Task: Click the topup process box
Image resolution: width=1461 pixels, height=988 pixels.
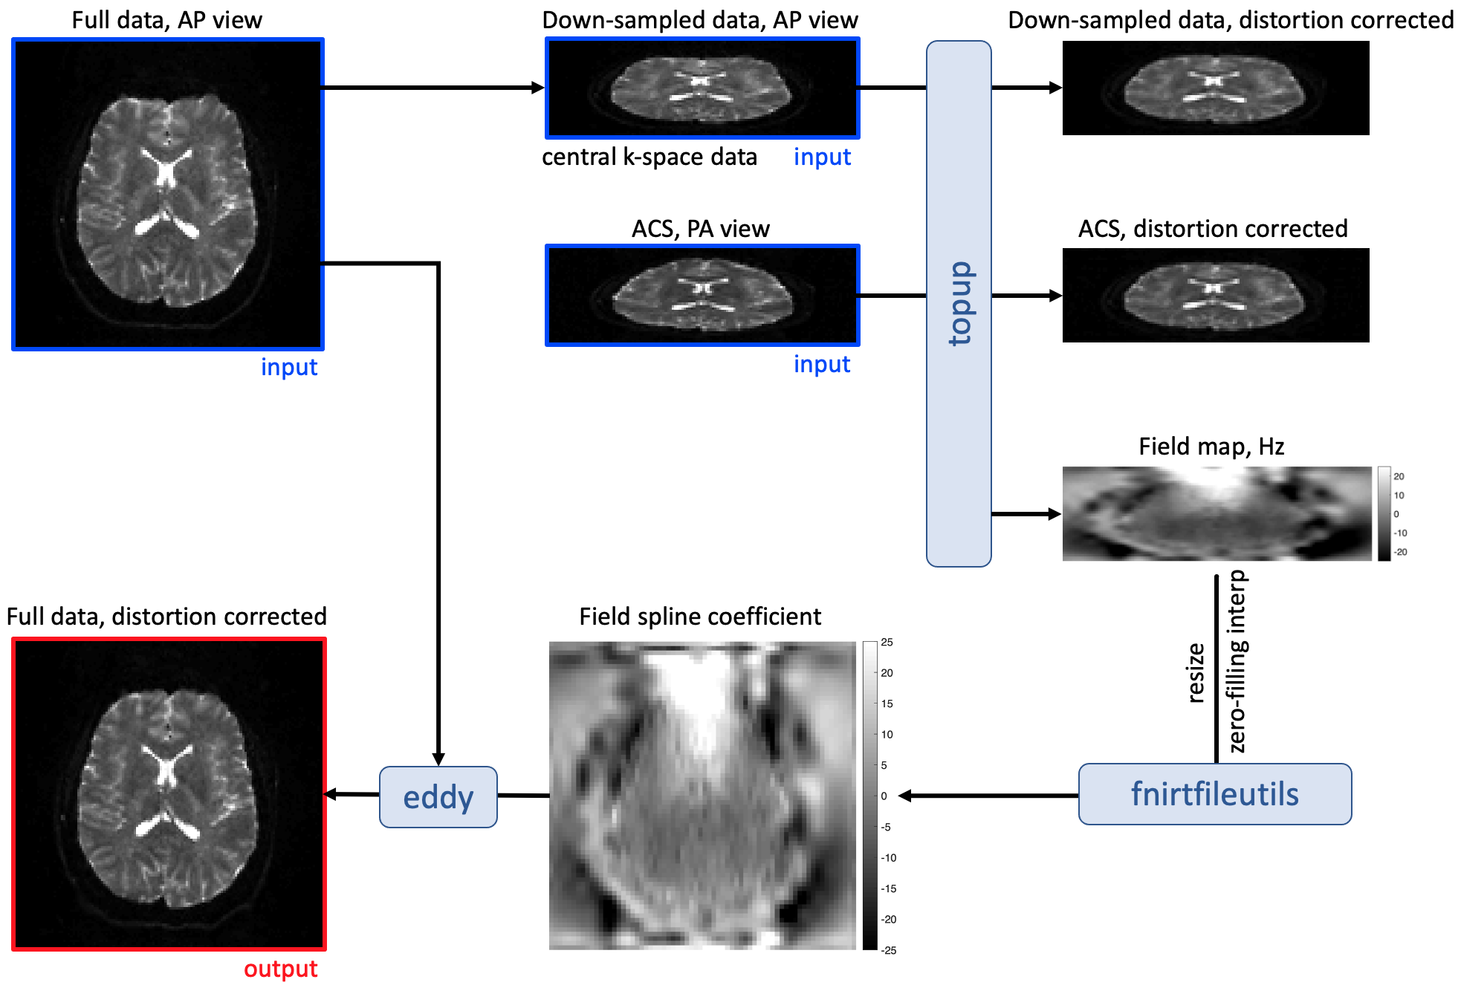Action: pyautogui.click(x=959, y=303)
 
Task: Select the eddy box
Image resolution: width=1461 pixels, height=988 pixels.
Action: pyautogui.click(x=438, y=797)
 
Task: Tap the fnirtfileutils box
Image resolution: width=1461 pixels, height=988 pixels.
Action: pyautogui.click(x=1214, y=794)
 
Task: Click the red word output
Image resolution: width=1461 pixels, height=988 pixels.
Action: pyautogui.click(x=280, y=969)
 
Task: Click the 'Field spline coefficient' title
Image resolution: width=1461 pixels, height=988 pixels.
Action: pyautogui.click(x=700, y=617)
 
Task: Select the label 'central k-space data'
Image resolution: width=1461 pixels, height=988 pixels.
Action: pyautogui.click(x=649, y=157)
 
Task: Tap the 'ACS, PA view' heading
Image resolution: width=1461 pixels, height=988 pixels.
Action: pyautogui.click(x=700, y=229)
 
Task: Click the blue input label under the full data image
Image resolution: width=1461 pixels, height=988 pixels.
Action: pyautogui.click(x=289, y=367)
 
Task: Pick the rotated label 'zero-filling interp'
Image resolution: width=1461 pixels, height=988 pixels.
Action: pyautogui.click(x=1237, y=661)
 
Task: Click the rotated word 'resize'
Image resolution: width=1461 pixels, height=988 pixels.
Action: pyautogui.click(x=1196, y=673)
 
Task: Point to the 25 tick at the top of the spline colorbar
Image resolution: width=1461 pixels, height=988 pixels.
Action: pyautogui.click(x=887, y=643)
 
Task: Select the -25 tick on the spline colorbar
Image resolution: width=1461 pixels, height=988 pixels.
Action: pyautogui.click(x=889, y=950)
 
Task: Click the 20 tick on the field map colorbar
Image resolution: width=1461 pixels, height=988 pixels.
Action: pyautogui.click(x=1399, y=476)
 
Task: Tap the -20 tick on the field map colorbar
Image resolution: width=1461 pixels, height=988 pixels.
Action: pyautogui.click(x=1400, y=552)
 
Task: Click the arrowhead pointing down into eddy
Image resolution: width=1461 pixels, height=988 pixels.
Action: pyautogui.click(x=438, y=758)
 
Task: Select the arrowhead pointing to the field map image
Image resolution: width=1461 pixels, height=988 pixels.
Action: pyautogui.click(x=1055, y=514)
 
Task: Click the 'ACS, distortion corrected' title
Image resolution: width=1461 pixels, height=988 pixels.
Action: pyautogui.click(x=1213, y=229)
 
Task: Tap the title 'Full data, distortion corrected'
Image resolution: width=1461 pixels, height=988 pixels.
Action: pyautogui.click(x=166, y=617)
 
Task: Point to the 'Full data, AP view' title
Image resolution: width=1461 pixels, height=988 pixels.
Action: pyautogui.click(x=166, y=20)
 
